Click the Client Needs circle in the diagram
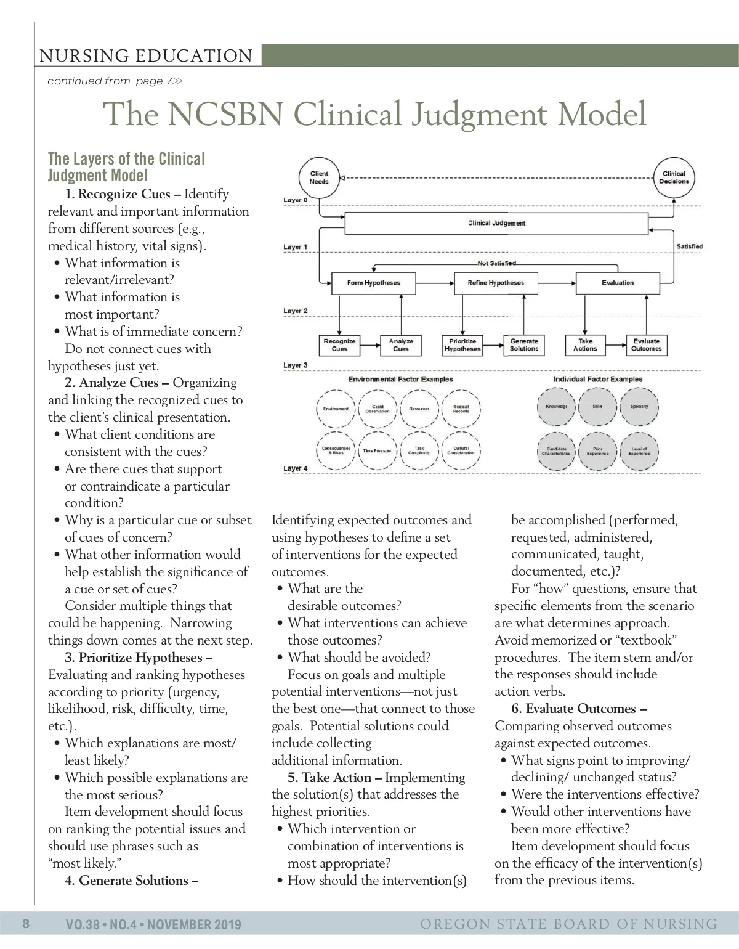[319, 178]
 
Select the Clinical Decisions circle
[674, 178]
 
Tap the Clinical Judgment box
[496, 223]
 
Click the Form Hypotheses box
[374, 283]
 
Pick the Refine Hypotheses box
[496, 283]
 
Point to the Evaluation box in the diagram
[618, 283]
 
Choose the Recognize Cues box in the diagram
[340, 345]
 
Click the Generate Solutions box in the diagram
[524, 345]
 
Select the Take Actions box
[585, 345]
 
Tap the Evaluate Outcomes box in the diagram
[646, 345]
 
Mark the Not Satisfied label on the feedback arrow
[496, 264]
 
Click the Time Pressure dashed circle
[378, 451]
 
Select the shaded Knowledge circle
[556, 407]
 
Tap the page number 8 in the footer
[26, 924]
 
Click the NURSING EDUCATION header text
[146, 56]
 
